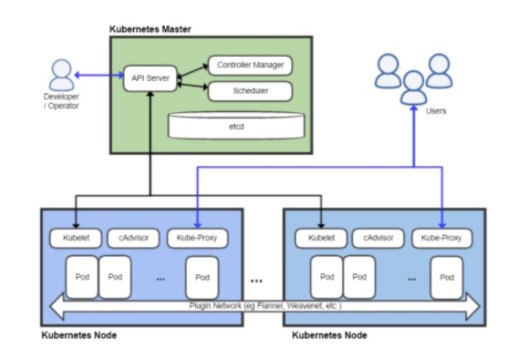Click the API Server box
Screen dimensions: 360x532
click(149, 78)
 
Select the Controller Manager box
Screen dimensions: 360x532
click(250, 65)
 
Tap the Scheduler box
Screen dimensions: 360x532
click(250, 92)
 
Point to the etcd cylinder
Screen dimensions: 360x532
click(235, 124)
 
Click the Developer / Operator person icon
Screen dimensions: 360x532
click(60, 74)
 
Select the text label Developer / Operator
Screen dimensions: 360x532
click(60, 100)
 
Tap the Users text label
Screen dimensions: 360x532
click(436, 111)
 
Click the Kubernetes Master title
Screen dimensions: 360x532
click(150, 29)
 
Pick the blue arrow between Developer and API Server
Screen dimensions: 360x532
click(99, 76)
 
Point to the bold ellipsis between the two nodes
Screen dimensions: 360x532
click(256, 280)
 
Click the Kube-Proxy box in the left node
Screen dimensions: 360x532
click(196, 237)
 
